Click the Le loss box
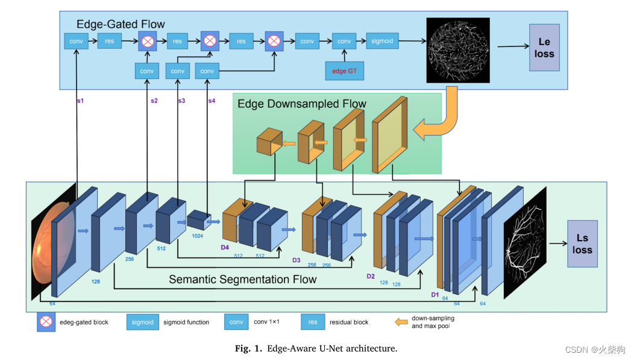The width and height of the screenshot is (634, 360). (x=544, y=48)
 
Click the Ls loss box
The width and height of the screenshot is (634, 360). (x=582, y=244)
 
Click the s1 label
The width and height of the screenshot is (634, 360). (x=80, y=101)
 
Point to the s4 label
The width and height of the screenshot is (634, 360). (x=212, y=101)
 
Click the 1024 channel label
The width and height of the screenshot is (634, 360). (x=197, y=236)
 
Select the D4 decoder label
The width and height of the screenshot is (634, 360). (x=225, y=247)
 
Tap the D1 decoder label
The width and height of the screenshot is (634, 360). (x=434, y=294)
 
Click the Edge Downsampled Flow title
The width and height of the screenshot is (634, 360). (x=301, y=104)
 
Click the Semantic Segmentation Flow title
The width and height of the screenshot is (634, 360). (x=242, y=279)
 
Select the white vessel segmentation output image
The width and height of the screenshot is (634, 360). (x=524, y=243)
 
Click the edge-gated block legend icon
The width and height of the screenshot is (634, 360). (x=46, y=322)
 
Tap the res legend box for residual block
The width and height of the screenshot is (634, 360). (x=313, y=322)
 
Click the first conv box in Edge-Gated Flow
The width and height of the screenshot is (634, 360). (x=76, y=41)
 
